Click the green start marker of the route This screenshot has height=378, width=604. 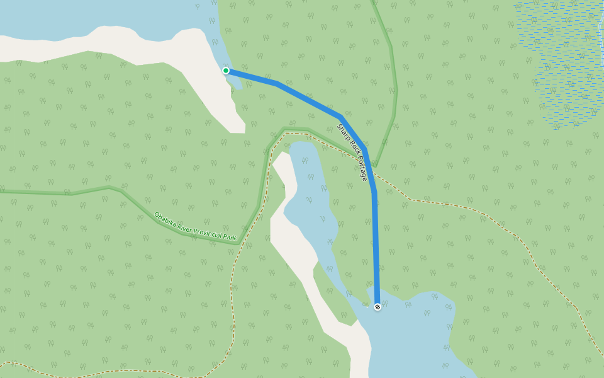tap(226, 71)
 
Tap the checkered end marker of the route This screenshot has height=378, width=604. tap(377, 307)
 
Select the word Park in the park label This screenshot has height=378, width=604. tap(231, 238)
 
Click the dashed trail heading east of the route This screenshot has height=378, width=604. tap(478, 211)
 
